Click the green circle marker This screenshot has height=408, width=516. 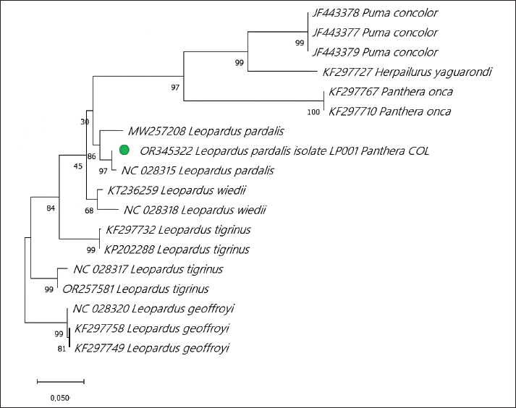124,150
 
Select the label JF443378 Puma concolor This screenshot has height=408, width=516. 375,13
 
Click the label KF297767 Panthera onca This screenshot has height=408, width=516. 390,92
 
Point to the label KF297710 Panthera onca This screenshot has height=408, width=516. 390,111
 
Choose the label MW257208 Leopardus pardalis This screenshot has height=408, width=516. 205,132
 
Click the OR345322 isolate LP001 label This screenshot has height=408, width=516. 284,151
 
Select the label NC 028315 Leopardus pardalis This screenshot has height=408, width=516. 198,171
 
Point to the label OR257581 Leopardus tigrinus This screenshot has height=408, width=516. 135,289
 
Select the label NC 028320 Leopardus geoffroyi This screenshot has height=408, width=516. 153,309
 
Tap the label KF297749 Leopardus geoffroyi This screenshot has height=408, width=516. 152,348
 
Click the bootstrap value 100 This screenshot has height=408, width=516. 313,112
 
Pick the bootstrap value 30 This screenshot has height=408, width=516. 85,122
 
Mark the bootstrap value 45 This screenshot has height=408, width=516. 77,167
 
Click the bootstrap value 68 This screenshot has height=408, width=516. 89,211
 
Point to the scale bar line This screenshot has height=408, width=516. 61,381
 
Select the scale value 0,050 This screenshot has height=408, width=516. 59,398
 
